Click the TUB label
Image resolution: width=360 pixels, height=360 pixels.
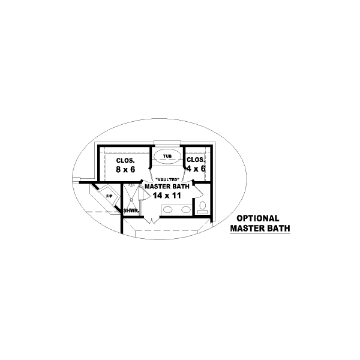[x=167, y=157]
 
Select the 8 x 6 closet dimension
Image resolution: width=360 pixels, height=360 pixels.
[x=125, y=169]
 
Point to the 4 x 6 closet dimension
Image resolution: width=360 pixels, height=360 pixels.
[x=196, y=169]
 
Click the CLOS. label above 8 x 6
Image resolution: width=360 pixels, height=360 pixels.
[x=125, y=160]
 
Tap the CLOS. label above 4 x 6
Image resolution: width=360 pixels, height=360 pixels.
[x=196, y=160]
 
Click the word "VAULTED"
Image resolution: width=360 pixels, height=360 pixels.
[x=167, y=179]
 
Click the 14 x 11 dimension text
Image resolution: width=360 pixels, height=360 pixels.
[x=167, y=196]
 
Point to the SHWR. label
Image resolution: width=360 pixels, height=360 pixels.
[x=131, y=211]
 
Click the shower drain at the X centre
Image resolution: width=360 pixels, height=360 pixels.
[x=131, y=200]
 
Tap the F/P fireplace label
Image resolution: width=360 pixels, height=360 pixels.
[x=110, y=196]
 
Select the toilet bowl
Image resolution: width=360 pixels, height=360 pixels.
[x=202, y=205]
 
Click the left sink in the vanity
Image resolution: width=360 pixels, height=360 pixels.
[x=168, y=209]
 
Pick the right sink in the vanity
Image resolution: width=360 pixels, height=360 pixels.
[x=186, y=209]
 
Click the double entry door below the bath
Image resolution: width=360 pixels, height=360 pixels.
[x=152, y=220]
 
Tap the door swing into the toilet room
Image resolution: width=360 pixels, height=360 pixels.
[x=199, y=191]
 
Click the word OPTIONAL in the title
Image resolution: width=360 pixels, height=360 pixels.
[x=258, y=218]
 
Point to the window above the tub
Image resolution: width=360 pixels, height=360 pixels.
[x=167, y=143]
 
